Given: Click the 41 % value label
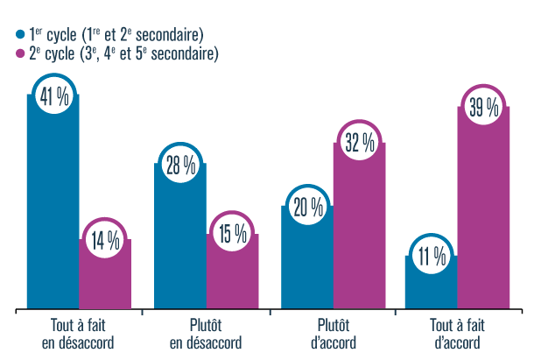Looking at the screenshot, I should (54, 96).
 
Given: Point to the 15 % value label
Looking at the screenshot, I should (232, 235).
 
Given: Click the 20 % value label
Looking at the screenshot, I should (307, 208).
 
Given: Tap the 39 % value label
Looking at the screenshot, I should (483, 108).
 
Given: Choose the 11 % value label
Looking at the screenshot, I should (432, 258).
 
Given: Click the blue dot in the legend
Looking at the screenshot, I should (21, 35).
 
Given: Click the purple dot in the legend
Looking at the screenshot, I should (21, 54).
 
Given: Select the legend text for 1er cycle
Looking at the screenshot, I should (116, 35).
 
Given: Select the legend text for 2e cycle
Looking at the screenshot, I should (123, 54).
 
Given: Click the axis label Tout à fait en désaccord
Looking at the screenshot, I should (78, 333).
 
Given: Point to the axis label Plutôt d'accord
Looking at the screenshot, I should (333, 333).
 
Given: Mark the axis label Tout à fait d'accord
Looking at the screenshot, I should (458, 333).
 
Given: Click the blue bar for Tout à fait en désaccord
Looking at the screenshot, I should (53, 210).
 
